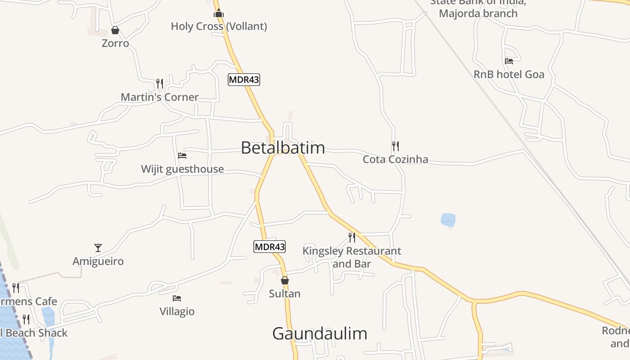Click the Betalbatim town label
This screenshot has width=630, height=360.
point(283,148)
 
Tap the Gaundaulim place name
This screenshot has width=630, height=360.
point(319,333)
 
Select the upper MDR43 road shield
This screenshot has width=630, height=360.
point(244,80)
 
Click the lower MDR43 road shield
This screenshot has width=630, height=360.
point(270,247)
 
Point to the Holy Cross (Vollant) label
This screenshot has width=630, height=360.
point(219,27)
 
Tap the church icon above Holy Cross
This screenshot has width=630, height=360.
point(219,13)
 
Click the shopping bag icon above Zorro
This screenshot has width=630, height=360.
point(115,30)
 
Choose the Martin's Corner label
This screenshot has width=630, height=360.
point(159,97)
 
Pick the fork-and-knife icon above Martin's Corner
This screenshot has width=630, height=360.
point(159,84)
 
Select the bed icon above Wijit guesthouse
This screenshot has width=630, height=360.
point(182,156)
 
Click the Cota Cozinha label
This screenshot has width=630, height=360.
point(396,159)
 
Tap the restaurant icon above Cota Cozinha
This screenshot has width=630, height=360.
point(395,146)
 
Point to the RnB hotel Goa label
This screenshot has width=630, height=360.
point(509,74)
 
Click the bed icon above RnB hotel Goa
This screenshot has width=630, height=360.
point(509,61)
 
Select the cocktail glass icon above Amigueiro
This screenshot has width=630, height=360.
point(98,247)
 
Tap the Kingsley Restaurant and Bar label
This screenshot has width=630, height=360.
point(351,257)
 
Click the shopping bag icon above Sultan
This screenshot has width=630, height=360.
point(284,280)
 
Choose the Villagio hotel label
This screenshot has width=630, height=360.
point(177,311)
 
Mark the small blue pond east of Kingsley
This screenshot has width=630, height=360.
point(448,220)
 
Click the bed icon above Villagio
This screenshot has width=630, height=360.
point(177,298)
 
